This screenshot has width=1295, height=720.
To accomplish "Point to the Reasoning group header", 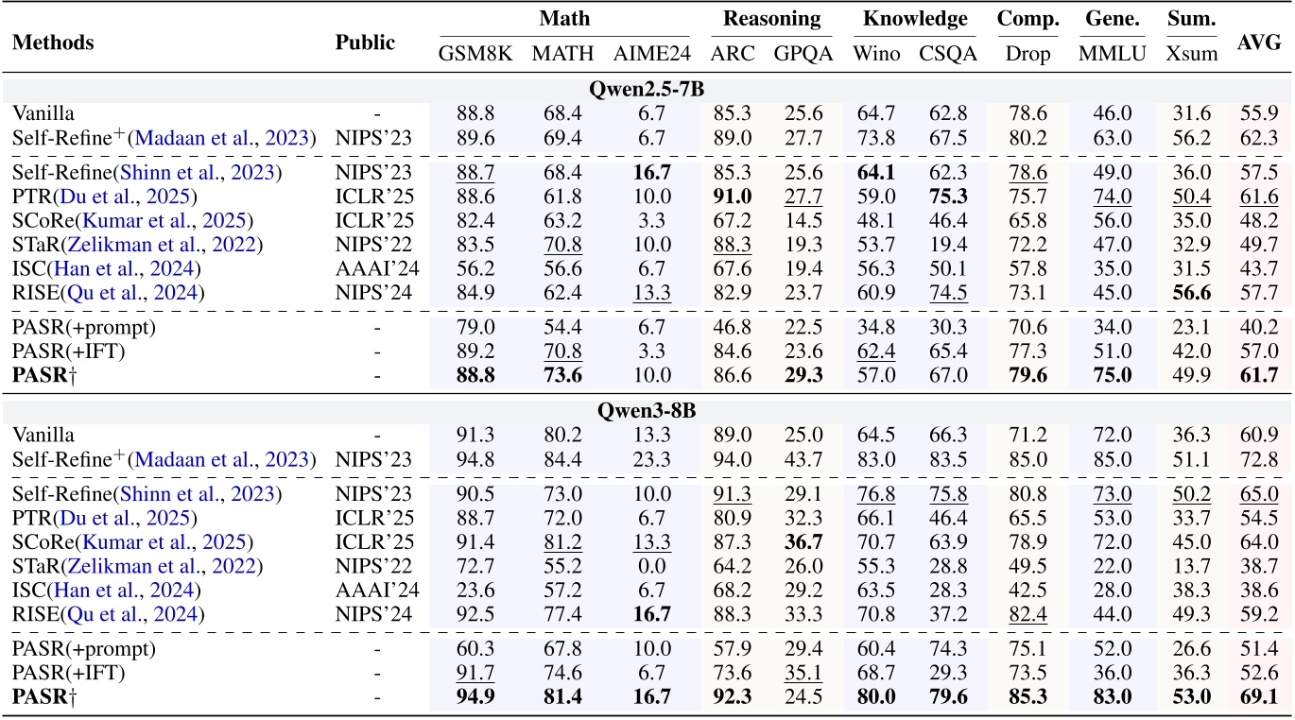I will click(772, 19).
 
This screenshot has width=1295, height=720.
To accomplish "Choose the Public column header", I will click(365, 43).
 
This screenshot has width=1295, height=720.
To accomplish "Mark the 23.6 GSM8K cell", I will click(475, 590).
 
